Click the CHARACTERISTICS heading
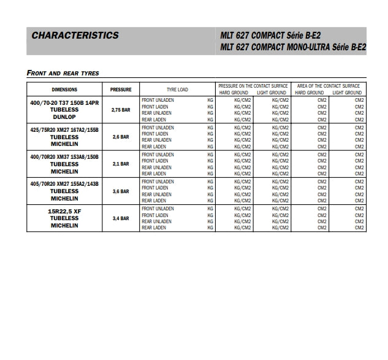(75, 35)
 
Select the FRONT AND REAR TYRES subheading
(63, 73)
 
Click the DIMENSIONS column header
(64, 89)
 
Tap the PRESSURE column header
(121, 89)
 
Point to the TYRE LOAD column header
(178, 89)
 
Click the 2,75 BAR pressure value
(121, 110)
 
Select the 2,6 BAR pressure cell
(121, 137)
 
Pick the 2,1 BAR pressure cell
(121, 164)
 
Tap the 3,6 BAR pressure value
(121, 191)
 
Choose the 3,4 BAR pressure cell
(121, 218)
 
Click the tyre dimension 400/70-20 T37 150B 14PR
(64, 102)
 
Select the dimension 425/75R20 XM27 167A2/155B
(64, 130)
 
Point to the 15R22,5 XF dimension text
(64, 211)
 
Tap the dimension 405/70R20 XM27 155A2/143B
(64, 184)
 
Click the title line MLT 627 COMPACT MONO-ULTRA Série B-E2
(292, 47)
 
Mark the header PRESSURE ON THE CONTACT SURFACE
(254, 86)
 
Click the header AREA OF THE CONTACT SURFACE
(329, 86)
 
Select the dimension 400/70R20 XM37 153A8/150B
(64, 157)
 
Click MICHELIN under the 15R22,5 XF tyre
(64, 225)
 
